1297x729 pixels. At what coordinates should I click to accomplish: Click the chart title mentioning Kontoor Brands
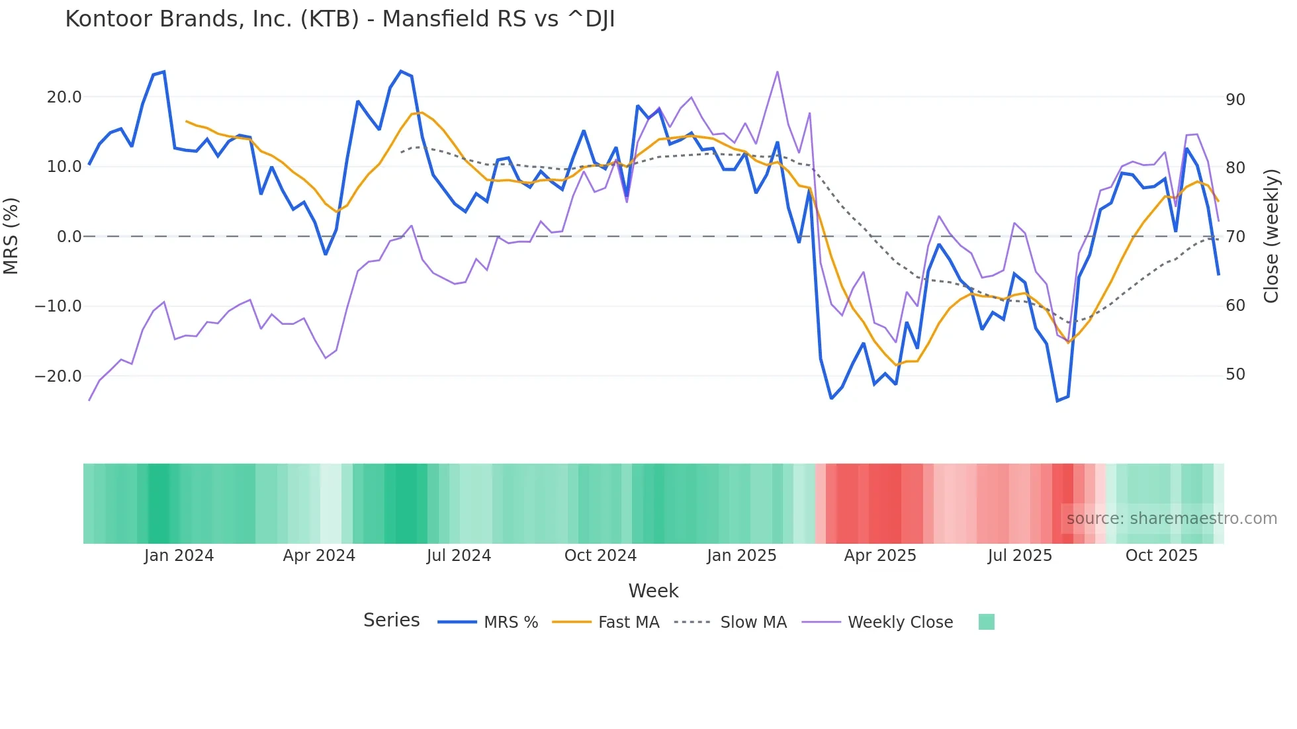[339, 19]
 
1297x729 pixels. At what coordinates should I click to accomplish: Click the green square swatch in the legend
[986, 622]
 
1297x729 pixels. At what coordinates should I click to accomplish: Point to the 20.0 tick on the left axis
[64, 97]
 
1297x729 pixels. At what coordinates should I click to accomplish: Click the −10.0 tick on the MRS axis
[58, 306]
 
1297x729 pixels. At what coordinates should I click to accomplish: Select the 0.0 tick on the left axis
[69, 237]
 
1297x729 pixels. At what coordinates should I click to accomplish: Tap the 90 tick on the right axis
[1235, 100]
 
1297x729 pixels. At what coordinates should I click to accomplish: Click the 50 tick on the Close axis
[1235, 374]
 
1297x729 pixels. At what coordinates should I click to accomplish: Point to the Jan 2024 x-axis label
[179, 556]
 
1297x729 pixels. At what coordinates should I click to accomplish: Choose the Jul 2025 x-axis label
[1020, 556]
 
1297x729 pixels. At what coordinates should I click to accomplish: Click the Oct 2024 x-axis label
[600, 556]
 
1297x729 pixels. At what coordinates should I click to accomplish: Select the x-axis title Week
[653, 591]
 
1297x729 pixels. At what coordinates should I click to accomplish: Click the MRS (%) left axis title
[11, 236]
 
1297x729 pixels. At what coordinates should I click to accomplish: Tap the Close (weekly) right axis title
[1271, 236]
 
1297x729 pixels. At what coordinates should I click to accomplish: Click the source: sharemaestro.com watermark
[1171, 519]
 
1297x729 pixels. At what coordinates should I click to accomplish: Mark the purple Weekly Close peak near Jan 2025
[778, 71]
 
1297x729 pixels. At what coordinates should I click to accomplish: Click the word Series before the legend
[391, 621]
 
